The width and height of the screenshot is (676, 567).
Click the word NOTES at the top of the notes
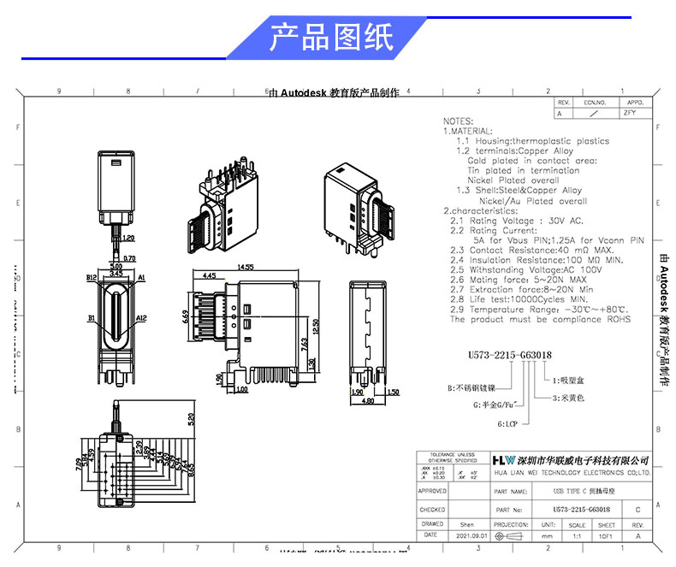pos(459,122)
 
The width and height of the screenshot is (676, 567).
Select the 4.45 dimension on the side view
pos(209,276)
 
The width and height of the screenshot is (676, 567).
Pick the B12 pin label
pos(92,278)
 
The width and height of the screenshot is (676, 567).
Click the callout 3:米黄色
pos(569,398)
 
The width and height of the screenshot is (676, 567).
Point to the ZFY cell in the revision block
pos(631,112)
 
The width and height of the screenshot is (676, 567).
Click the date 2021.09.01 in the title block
pos(471,535)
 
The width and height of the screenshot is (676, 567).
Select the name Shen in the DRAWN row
pos(467,524)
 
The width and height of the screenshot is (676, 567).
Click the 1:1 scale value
pos(577,535)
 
